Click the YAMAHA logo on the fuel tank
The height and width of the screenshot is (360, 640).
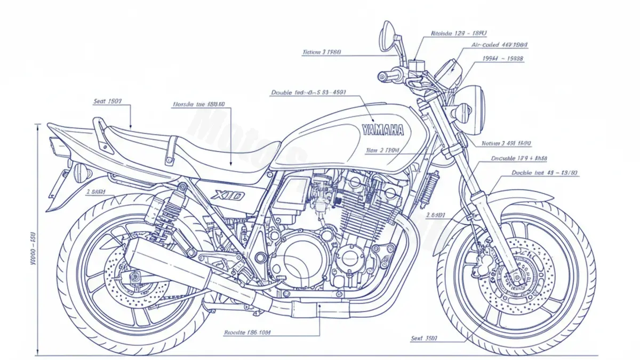pyautogui.click(x=382, y=129)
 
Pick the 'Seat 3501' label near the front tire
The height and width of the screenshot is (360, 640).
pyautogui.click(x=425, y=338)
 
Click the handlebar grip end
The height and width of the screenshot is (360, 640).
pyautogui.click(x=381, y=76)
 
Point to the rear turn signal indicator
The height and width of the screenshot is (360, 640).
pyautogui.click(x=81, y=172)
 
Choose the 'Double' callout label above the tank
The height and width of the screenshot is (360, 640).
pyautogui.click(x=308, y=92)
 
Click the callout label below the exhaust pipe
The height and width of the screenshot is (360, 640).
pyautogui.click(x=247, y=332)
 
